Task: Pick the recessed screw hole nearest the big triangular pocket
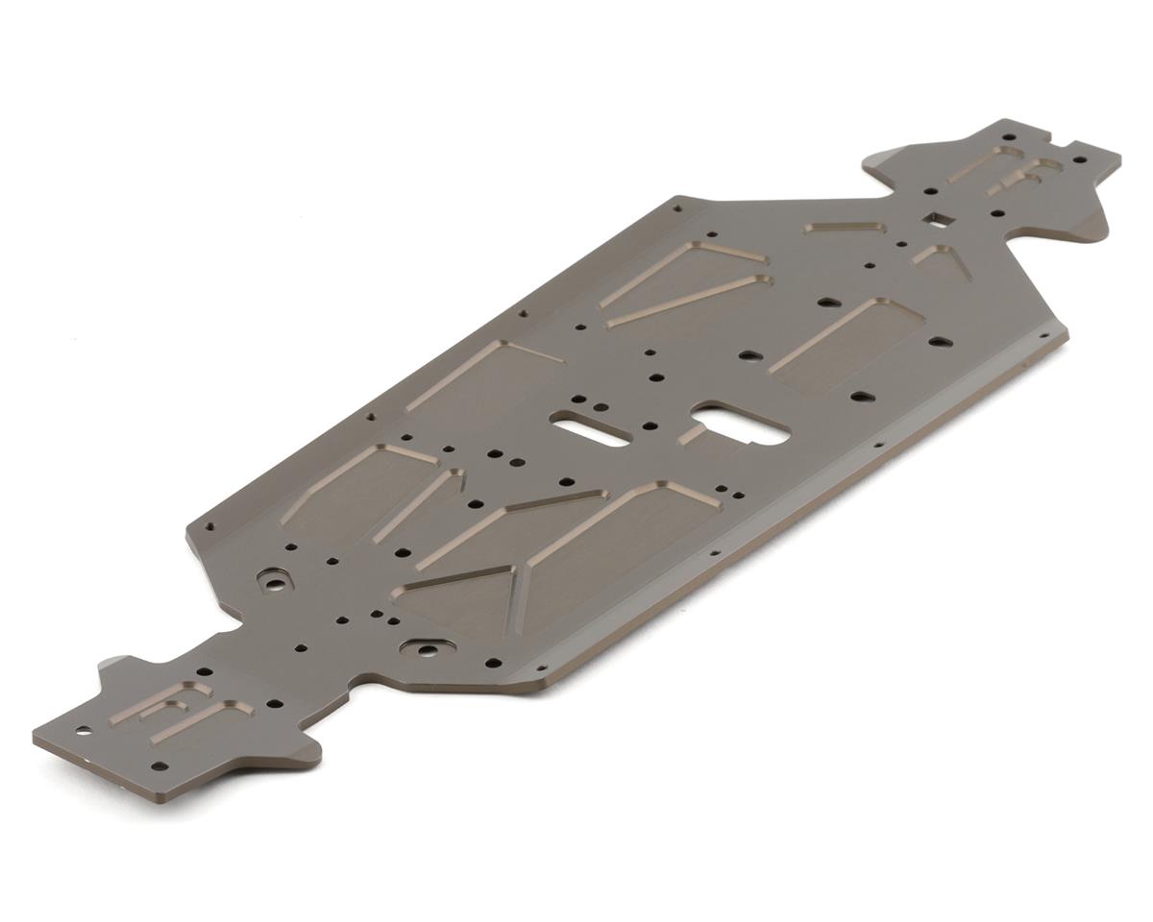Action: (x=426, y=649)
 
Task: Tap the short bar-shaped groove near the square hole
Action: (x=845, y=228)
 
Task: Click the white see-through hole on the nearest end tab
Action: (x=85, y=731)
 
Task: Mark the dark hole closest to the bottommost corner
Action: (x=159, y=765)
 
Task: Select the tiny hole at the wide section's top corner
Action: (x=677, y=206)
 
